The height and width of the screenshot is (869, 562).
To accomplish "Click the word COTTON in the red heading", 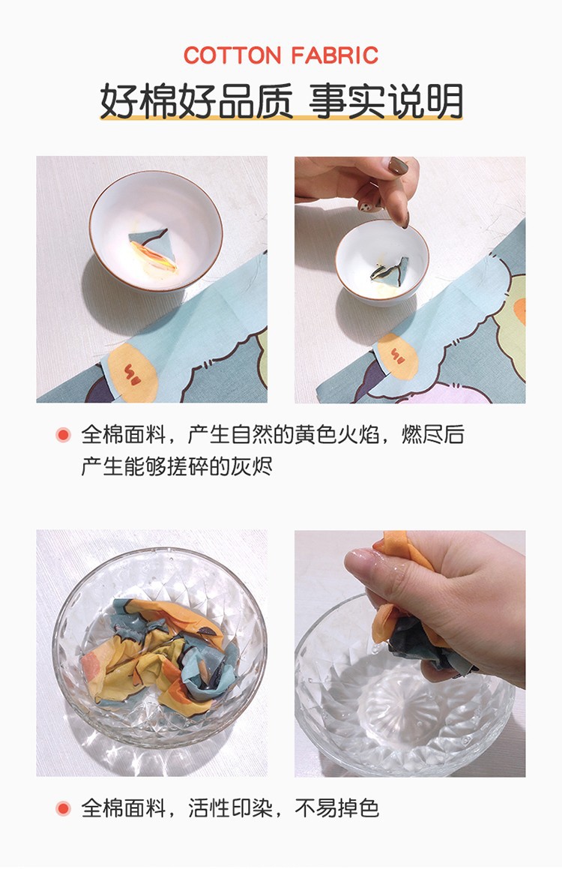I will click(233, 55).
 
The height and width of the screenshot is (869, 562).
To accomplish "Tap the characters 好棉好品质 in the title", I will click(196, 100).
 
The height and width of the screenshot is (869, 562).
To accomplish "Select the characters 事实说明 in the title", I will click(387, 100).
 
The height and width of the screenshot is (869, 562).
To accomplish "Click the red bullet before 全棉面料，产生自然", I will click(64, 434).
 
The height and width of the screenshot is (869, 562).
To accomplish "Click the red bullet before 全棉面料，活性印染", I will click(64, 808).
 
